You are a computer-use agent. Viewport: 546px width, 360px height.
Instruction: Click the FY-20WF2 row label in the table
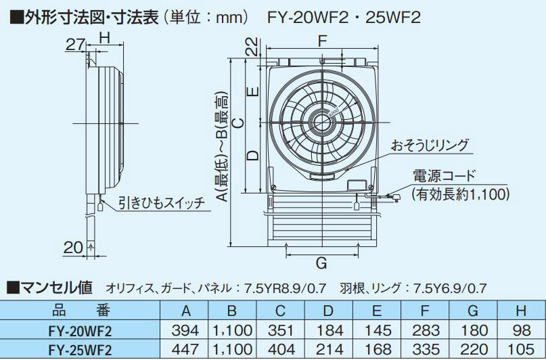(x=81, y=331)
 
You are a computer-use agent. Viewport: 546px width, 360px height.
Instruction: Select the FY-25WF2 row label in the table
(x=81, y=350)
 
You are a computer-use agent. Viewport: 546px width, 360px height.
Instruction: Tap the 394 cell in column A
(x=185, y=330)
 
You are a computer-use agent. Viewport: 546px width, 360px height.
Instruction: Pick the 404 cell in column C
(x=281, y=349)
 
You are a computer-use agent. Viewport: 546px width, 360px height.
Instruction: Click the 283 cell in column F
(x=426, y=330)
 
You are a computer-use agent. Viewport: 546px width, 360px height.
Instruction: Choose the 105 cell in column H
(x=521, y=349)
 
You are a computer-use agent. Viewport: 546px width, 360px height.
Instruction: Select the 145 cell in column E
(x=378, y=330)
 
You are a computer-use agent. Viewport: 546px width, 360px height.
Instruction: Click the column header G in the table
(x=473, y=311)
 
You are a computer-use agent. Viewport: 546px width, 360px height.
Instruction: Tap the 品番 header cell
(x=81, y=310)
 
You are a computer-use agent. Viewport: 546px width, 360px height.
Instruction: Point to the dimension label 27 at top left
(x=75, y=45)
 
